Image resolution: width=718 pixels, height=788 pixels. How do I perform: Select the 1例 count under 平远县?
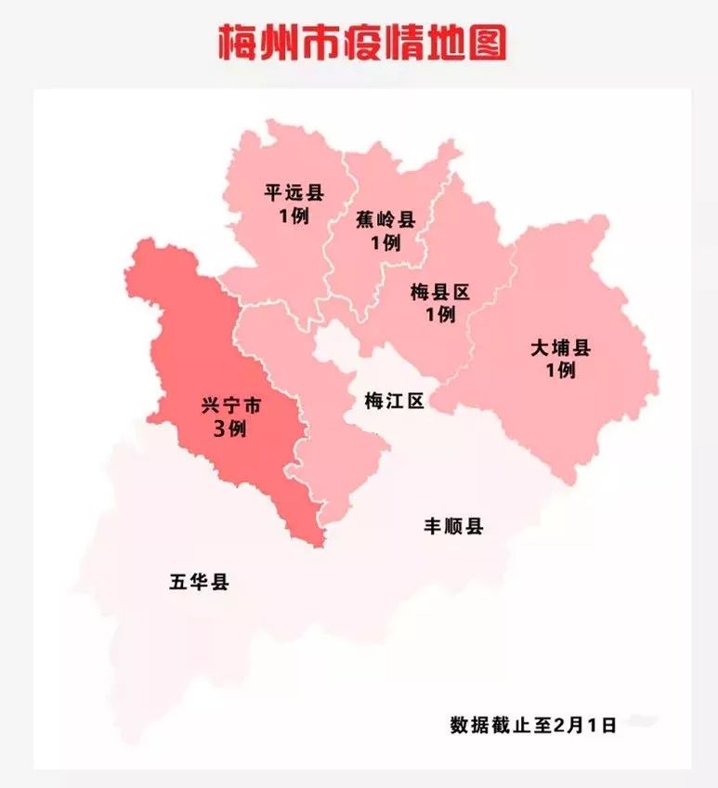tap(293, 216)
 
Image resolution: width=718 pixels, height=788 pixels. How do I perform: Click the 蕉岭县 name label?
tap(385, 220)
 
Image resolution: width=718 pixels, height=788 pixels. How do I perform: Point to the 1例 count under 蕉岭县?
tap(385, 243)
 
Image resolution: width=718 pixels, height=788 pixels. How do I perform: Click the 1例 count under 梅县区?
tap(439, 315)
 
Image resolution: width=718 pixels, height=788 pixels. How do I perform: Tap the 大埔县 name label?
tap(561, 348)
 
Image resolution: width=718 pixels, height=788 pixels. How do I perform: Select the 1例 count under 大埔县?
tap(561, 370)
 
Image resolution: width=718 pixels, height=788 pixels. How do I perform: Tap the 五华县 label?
tap(199, 584)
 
